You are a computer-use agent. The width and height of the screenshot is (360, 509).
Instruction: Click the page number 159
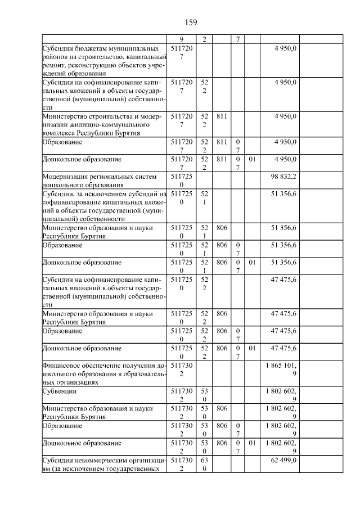click(x=190, y=22)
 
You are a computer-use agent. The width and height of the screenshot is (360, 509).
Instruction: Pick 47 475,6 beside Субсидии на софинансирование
click(x=284, y=280)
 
